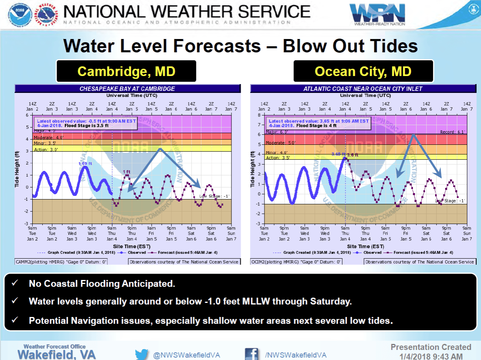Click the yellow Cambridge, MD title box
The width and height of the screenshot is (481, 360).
(126, 71)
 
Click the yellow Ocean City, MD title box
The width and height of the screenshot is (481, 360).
(363, 71)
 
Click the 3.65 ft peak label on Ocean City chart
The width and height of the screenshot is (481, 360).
(338, 154)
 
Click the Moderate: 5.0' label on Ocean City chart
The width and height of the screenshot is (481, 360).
(280, 142)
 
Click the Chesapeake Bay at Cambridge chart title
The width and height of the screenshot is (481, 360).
(127, 89)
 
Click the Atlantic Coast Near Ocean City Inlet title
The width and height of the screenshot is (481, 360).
(363, 89)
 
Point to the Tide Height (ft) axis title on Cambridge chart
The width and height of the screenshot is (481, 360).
(17, 169)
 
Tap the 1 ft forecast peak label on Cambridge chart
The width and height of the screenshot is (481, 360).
(126, 172)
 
